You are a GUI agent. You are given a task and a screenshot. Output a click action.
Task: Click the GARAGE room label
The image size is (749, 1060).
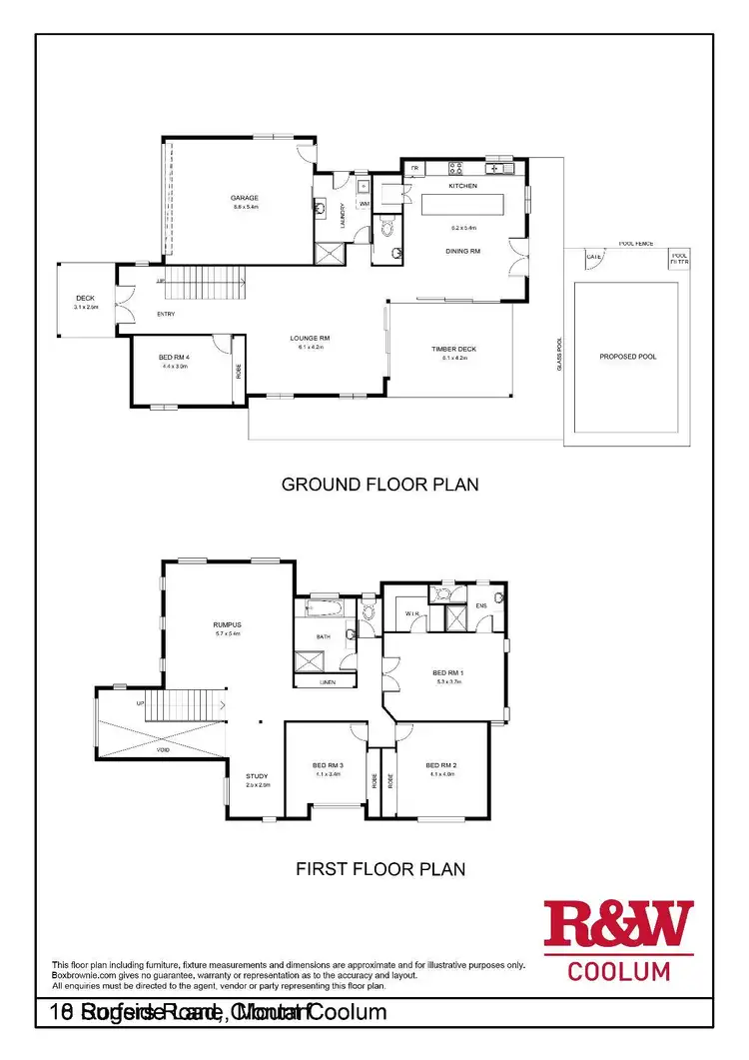point(246,198)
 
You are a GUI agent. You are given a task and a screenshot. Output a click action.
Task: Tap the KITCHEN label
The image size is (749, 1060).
point(462,186)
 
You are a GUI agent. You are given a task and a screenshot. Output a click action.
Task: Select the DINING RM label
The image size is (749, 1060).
point(462,251)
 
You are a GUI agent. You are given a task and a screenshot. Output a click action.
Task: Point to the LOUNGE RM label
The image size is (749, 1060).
point(310,339)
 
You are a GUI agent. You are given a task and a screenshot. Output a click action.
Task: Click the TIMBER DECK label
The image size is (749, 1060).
point(454,349)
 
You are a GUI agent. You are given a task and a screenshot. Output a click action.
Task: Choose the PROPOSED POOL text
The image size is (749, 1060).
point(627,357)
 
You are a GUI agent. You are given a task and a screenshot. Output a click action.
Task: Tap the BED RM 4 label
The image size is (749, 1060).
point(174,358)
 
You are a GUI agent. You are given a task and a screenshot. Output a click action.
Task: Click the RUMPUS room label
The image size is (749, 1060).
point(229,624)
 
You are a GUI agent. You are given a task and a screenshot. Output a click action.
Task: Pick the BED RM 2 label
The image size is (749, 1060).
point(441,765)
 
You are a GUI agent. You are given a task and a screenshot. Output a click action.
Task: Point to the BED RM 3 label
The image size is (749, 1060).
point(329,765)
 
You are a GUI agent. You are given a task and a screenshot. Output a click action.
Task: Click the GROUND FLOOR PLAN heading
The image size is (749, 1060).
point(379,485)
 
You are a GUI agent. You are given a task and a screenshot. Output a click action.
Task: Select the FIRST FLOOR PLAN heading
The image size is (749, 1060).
point(380,868)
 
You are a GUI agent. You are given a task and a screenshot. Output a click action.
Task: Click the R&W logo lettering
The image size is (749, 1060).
point(618,925)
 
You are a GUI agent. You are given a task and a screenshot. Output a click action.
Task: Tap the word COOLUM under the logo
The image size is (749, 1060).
point(618,970)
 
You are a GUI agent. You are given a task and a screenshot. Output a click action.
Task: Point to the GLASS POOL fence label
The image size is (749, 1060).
point(560,354)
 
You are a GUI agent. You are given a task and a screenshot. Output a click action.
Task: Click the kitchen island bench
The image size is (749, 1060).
point(462,206)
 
